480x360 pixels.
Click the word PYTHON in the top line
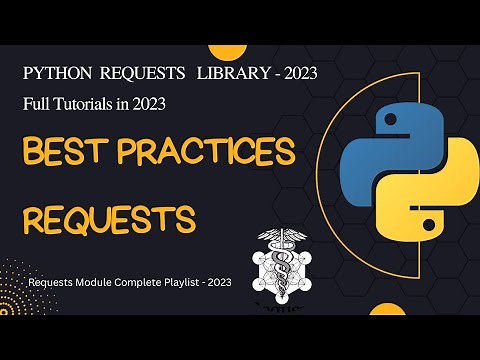[57, 75]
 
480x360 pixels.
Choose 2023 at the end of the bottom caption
[220, 283]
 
